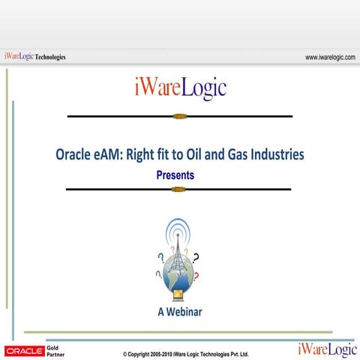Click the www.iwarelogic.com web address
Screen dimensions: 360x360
pos(330,56)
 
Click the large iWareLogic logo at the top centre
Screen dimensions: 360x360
pos(179,88)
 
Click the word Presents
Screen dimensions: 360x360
pos(175,175)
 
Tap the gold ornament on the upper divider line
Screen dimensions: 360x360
pos(178,116)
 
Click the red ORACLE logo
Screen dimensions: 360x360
pos(24,350)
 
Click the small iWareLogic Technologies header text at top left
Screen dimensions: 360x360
pos(34,56)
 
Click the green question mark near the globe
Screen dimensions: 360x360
pos(158,274)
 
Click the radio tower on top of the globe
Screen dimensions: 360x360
pos(178,251)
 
